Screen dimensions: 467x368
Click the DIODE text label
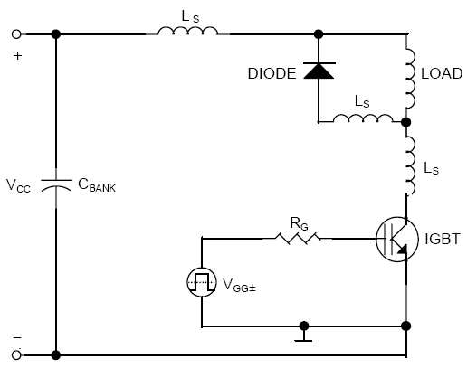click(x=272, y=73)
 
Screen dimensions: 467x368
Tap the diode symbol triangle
click(x=319, y=71)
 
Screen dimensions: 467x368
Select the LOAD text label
click(x=442, y=73)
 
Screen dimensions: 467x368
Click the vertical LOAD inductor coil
click(x=411, y=78)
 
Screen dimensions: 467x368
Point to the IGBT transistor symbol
click(x=397, y=239)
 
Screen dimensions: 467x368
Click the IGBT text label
click(x=443, y=239)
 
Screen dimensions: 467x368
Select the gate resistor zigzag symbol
click(x=298, y=238)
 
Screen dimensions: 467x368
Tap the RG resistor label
click(x=299, y=223)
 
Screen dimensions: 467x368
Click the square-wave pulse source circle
click(x=202, y=282)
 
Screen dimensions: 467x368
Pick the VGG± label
click(x=239, y=285)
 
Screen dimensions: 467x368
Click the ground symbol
click(x=303, y=334)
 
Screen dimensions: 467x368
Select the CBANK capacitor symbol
click(x=56, y=185)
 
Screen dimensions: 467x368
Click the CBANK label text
click(x=97, y=185)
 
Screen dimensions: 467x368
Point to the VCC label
click(x=18, y=185)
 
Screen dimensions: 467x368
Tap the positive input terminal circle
click(x=16, y=34)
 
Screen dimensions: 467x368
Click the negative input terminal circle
click(x=16, y=355)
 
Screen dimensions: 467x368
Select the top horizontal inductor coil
click(x=187, y=31)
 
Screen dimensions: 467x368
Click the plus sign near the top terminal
click(x=18, y=56)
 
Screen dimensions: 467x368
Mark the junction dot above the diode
click(x=319, y=34)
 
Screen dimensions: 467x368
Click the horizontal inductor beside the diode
click(x=363, y=118)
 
